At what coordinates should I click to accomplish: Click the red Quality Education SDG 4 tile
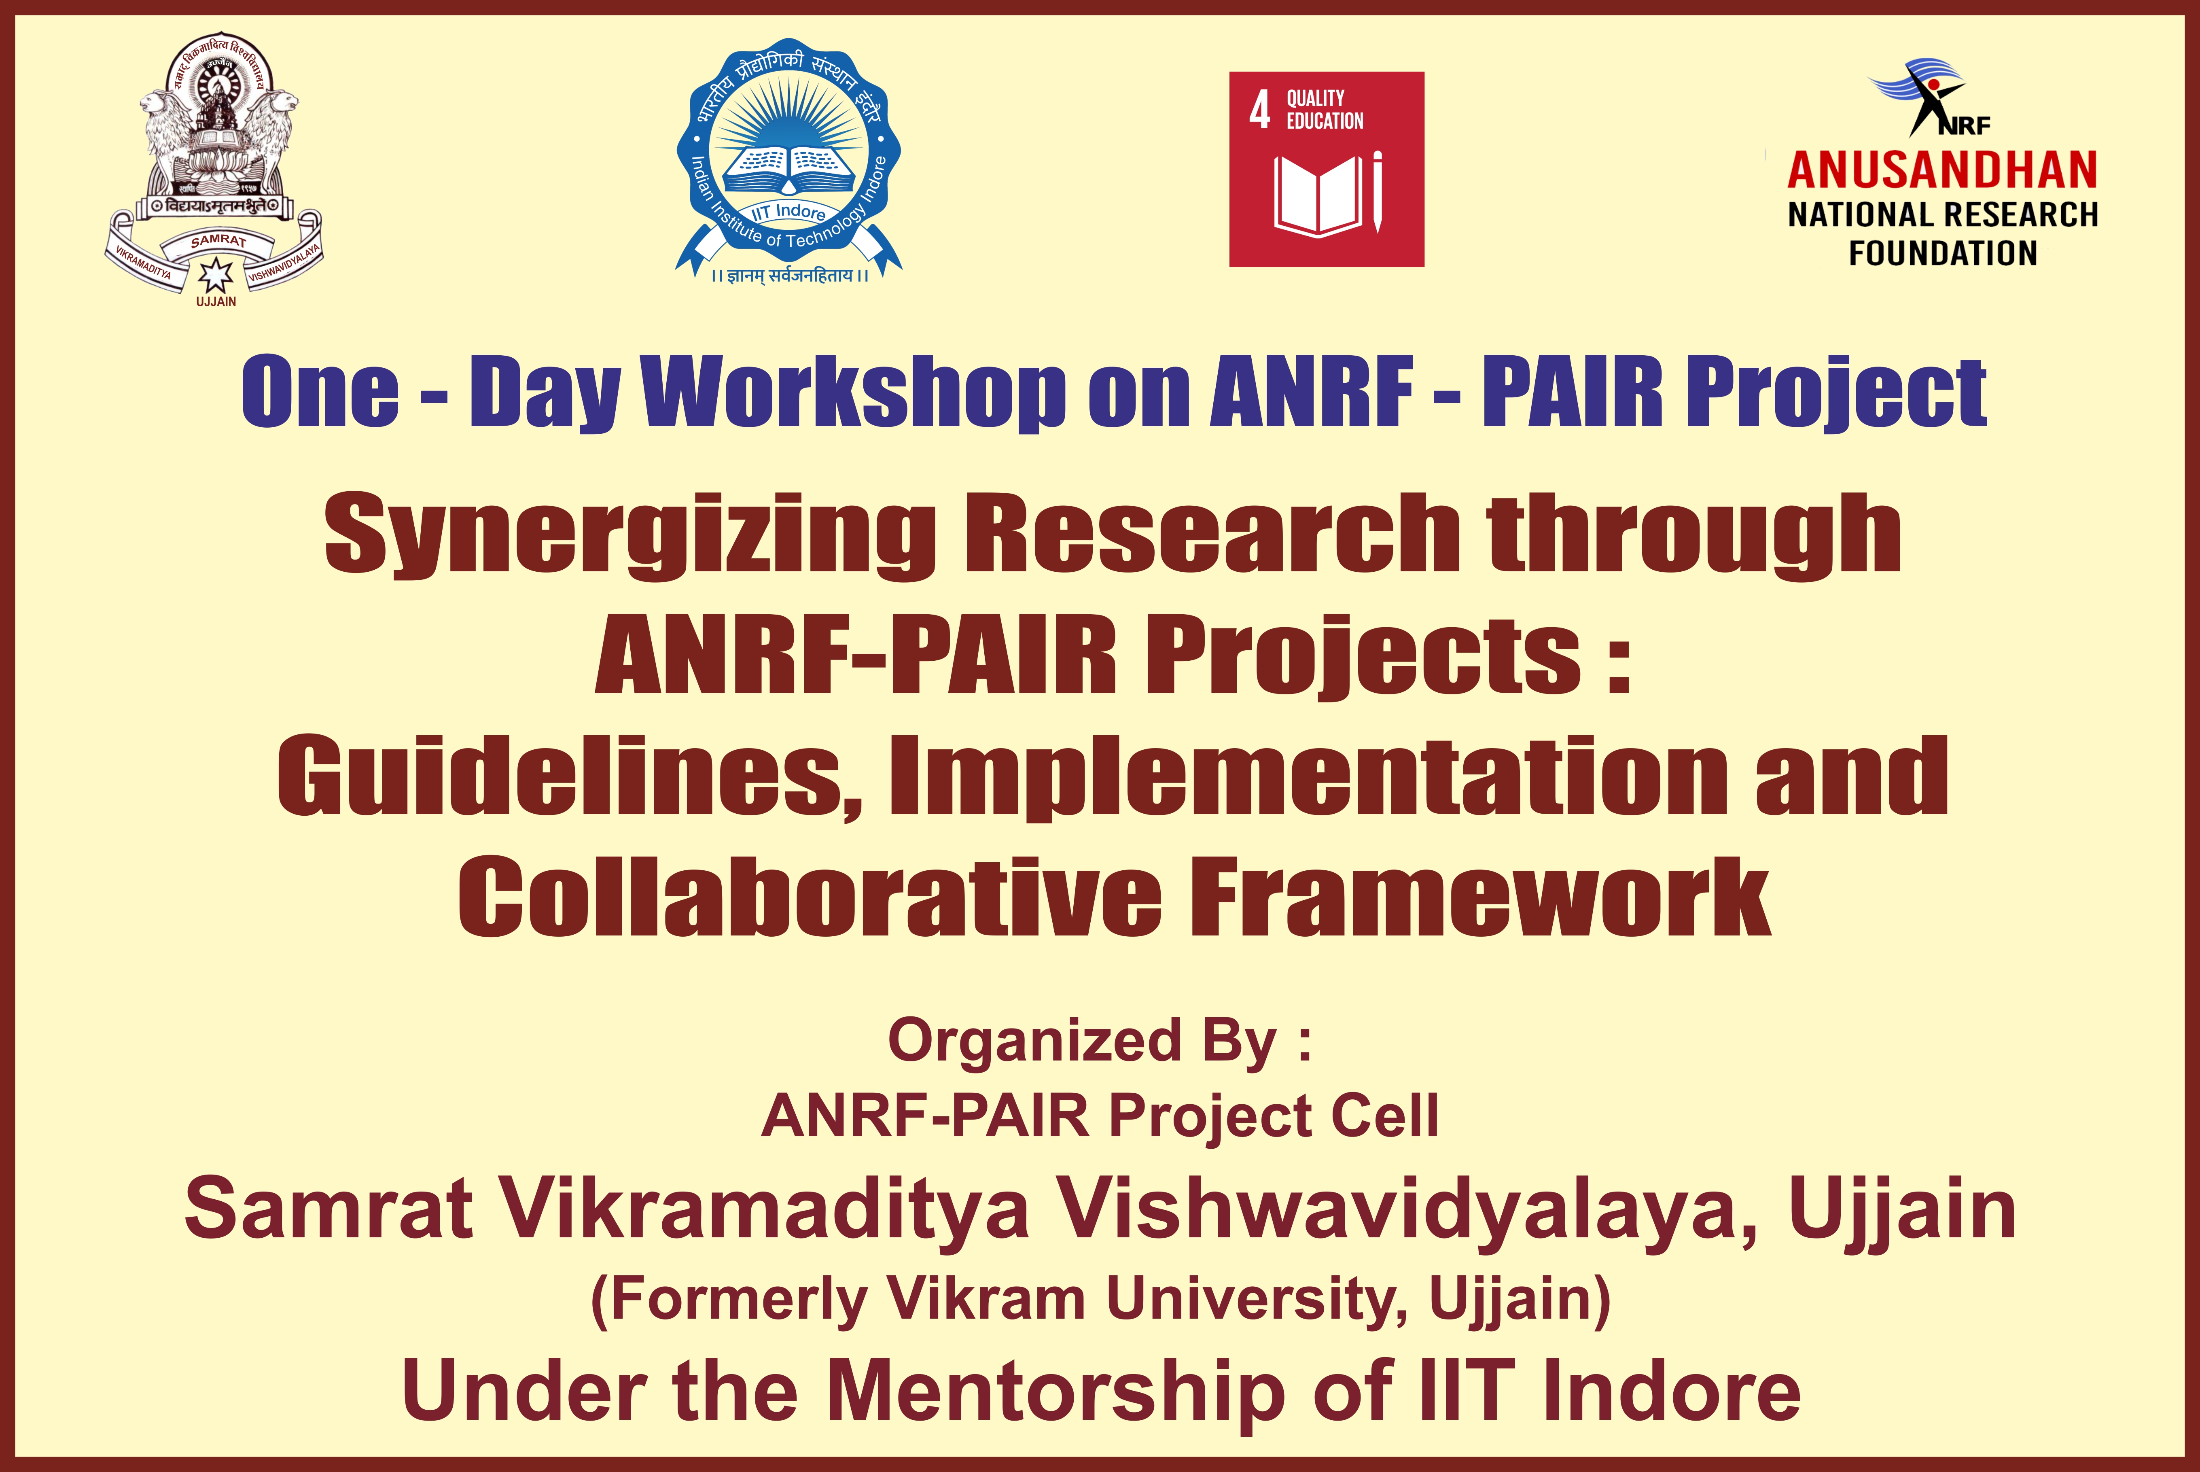(x=1326, y=169)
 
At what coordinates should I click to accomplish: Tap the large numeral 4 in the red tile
(x=1259, y=110)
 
